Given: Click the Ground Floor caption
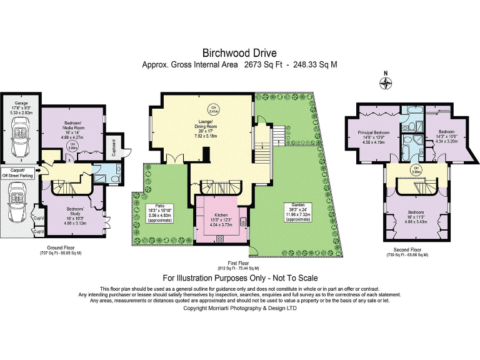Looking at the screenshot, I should (x=61, y=248).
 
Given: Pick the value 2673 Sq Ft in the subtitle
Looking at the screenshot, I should (x=261, y=64).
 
